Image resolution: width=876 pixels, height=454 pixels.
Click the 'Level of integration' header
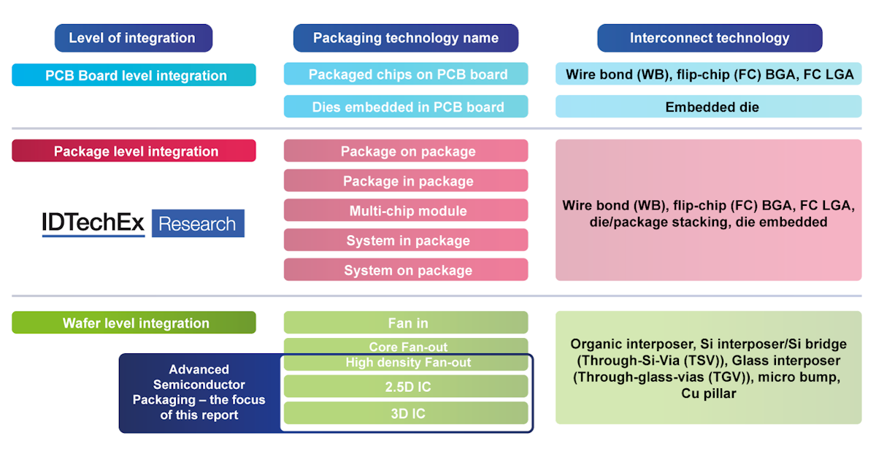(x=133, y=38)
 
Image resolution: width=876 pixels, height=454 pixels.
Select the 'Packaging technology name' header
(x=406, y=38)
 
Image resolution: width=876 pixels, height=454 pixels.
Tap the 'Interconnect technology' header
(x=710, y=38)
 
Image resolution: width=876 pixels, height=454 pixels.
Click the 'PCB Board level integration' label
(x=134, y=75)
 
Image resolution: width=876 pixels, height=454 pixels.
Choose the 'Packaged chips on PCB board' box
(x=406, y=74)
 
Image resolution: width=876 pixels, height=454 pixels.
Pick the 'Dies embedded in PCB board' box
(x=406, y=107)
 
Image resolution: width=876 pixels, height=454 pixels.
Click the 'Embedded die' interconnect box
(x=710, y=107)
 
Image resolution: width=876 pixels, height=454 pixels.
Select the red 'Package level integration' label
(x=134, y=151)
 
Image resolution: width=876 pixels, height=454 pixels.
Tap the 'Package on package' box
(x=406, y=151)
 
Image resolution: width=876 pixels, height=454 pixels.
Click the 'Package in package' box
(x=406, y=181)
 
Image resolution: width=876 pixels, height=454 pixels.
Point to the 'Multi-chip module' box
(x=406, y=211)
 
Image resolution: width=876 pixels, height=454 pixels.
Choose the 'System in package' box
(x=406, y=240)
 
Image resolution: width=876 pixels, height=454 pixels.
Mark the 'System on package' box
(x=406, y=270)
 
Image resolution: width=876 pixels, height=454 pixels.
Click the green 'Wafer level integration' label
(x=134, y=323)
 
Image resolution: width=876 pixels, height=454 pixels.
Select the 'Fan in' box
(x=406, y=323)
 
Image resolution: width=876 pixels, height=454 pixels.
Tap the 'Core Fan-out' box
(x=406, y=346)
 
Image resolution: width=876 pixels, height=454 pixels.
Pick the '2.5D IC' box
(x=406, y=386)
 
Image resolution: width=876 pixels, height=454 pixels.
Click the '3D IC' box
(x=406, y=413)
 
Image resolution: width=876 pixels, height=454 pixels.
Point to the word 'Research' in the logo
(x=197, y=223)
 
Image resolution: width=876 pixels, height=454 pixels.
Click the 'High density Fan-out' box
(x=406, y=362)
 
